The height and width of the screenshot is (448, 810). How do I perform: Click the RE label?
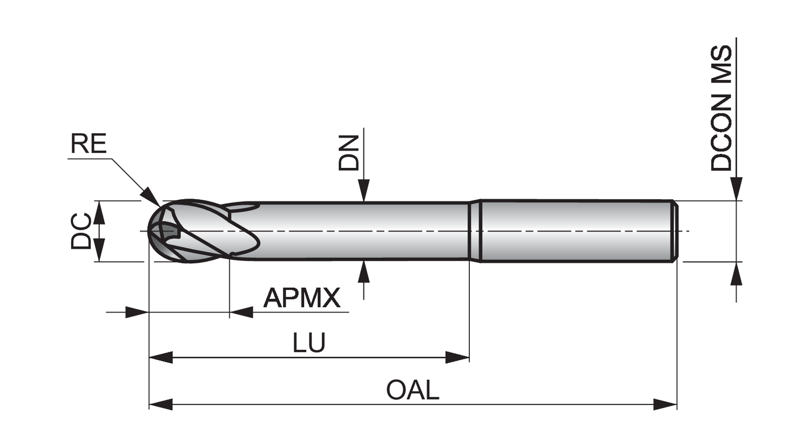(89, 144)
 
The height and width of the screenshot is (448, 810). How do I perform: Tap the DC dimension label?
(81, 231)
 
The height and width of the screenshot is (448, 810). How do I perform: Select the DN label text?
(349, 153)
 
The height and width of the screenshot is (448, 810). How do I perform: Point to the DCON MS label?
(721, 108)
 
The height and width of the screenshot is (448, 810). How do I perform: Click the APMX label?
(302, 298)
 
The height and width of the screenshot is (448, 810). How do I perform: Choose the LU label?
(309, 342)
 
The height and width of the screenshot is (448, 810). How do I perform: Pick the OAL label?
(413, 390)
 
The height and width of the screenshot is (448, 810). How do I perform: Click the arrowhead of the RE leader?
(152, 197)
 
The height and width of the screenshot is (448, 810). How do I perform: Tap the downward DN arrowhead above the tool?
(364, 189)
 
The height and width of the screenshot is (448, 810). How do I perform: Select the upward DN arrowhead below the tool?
(364, 271)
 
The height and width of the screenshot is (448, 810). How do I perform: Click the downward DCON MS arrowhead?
(736, 188)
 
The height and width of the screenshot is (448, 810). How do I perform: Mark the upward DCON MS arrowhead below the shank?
(736, 274)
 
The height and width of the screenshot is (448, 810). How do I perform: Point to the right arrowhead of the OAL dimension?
(665, 404)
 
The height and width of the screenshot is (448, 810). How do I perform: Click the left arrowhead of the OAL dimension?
(160, 404)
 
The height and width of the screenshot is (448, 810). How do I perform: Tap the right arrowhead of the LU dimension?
(457, 357)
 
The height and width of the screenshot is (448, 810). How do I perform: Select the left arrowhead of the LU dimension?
(160, 357)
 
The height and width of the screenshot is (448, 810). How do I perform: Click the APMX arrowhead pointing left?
(241, 312)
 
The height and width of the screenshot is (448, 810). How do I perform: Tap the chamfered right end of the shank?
(675, 231)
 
